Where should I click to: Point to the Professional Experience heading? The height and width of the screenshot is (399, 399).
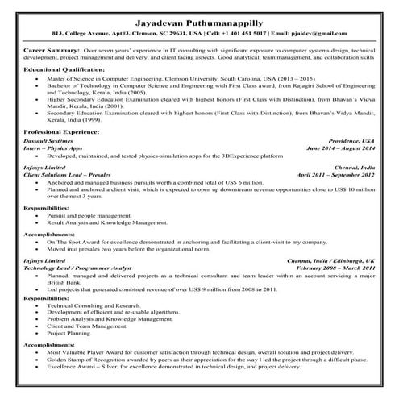(x=64, y=130)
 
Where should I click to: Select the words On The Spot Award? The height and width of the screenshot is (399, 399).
(x=79, y=241)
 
